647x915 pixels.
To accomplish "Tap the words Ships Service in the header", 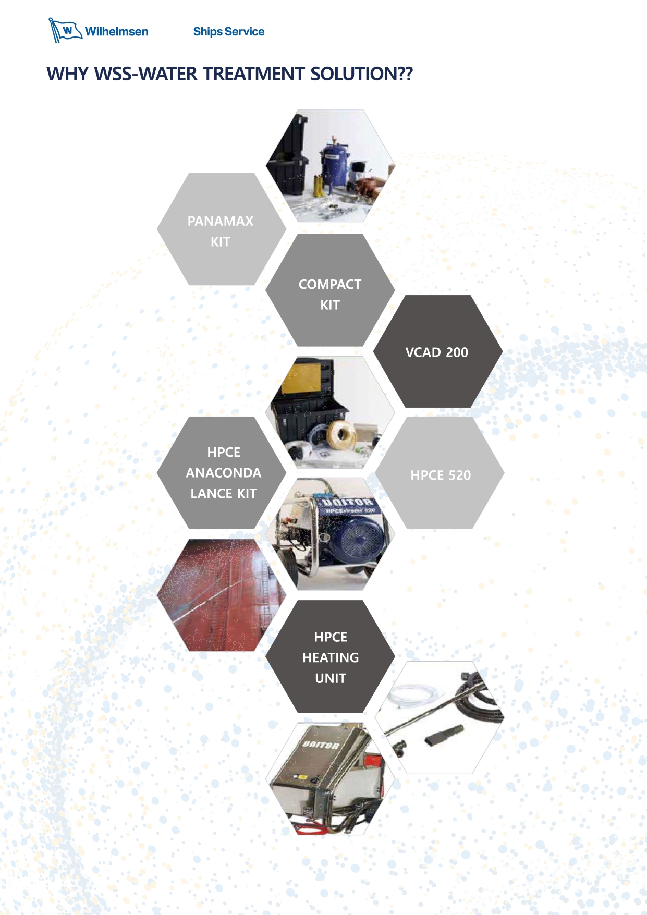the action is click(x=228, y=32).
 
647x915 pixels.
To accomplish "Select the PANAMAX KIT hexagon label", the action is click(x=221, y=231).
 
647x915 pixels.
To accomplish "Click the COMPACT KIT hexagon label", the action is click(x=330, y=295).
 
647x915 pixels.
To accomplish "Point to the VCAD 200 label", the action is click(x=437, y=352).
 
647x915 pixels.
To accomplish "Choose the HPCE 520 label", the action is click(x=441, y=475).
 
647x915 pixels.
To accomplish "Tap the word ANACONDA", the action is click(x=224, y=473).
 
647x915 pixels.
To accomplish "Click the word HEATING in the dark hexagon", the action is click(x=331, y=658).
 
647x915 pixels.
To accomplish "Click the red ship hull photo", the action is click(x=222, y=595).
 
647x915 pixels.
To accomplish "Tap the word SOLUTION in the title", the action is click(x=355, y=74).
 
